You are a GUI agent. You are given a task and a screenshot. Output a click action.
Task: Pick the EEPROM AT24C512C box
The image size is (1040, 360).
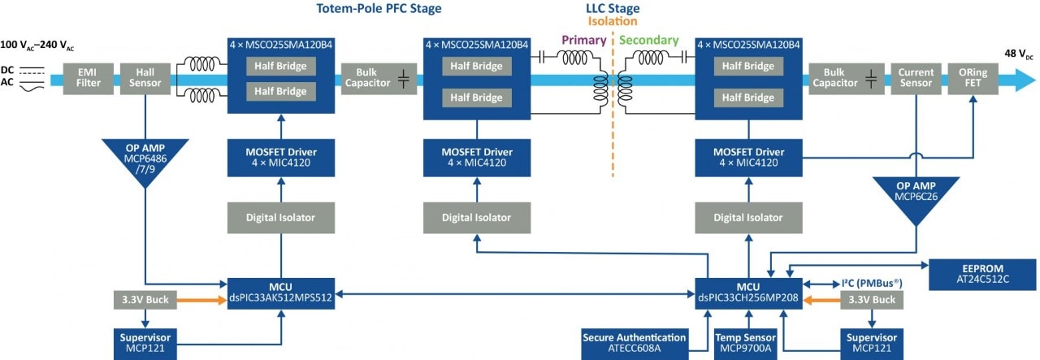pos(982,272)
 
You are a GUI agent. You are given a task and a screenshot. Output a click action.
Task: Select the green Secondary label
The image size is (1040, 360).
pos(648,41)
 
